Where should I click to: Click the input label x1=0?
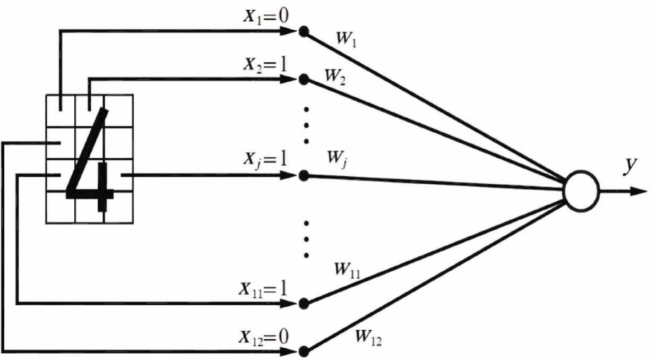tap(265, 17)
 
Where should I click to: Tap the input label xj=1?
tap(265, 160)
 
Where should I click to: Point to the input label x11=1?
tap(263, 289)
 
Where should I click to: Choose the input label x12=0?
tap(263, 337)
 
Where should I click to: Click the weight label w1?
tap(346, 39)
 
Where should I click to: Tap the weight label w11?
tap(347, 270)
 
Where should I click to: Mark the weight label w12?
tap(368, 337)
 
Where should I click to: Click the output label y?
tap(630, 166)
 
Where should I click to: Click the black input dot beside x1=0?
tap(304, 31)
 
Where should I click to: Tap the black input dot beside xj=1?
tap(304, 175)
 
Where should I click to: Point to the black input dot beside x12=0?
tap(304, 351)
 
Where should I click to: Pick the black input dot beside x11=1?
tap(304, 303)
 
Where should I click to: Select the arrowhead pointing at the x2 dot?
tap(288, 80)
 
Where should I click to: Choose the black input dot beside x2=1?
tap(304, 80)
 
